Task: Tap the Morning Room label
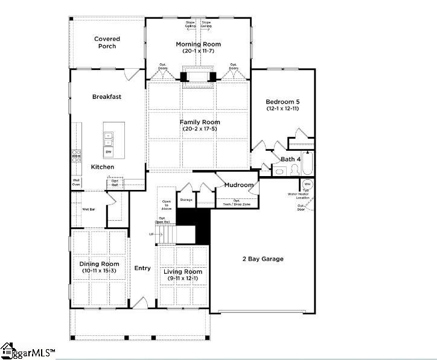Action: (198, 44)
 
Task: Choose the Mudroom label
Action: (239, 185)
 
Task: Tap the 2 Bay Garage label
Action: (263, 259)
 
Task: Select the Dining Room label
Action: (100, 264)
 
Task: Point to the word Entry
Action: (142, 268)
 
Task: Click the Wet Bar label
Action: (88, 209)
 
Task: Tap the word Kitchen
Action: (103, 167)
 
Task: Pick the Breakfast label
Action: (107, 96)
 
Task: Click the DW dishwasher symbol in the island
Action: (109, 151)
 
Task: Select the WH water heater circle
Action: (306, 184)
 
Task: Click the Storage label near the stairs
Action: (186, 200)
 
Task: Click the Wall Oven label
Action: (77, 182)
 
